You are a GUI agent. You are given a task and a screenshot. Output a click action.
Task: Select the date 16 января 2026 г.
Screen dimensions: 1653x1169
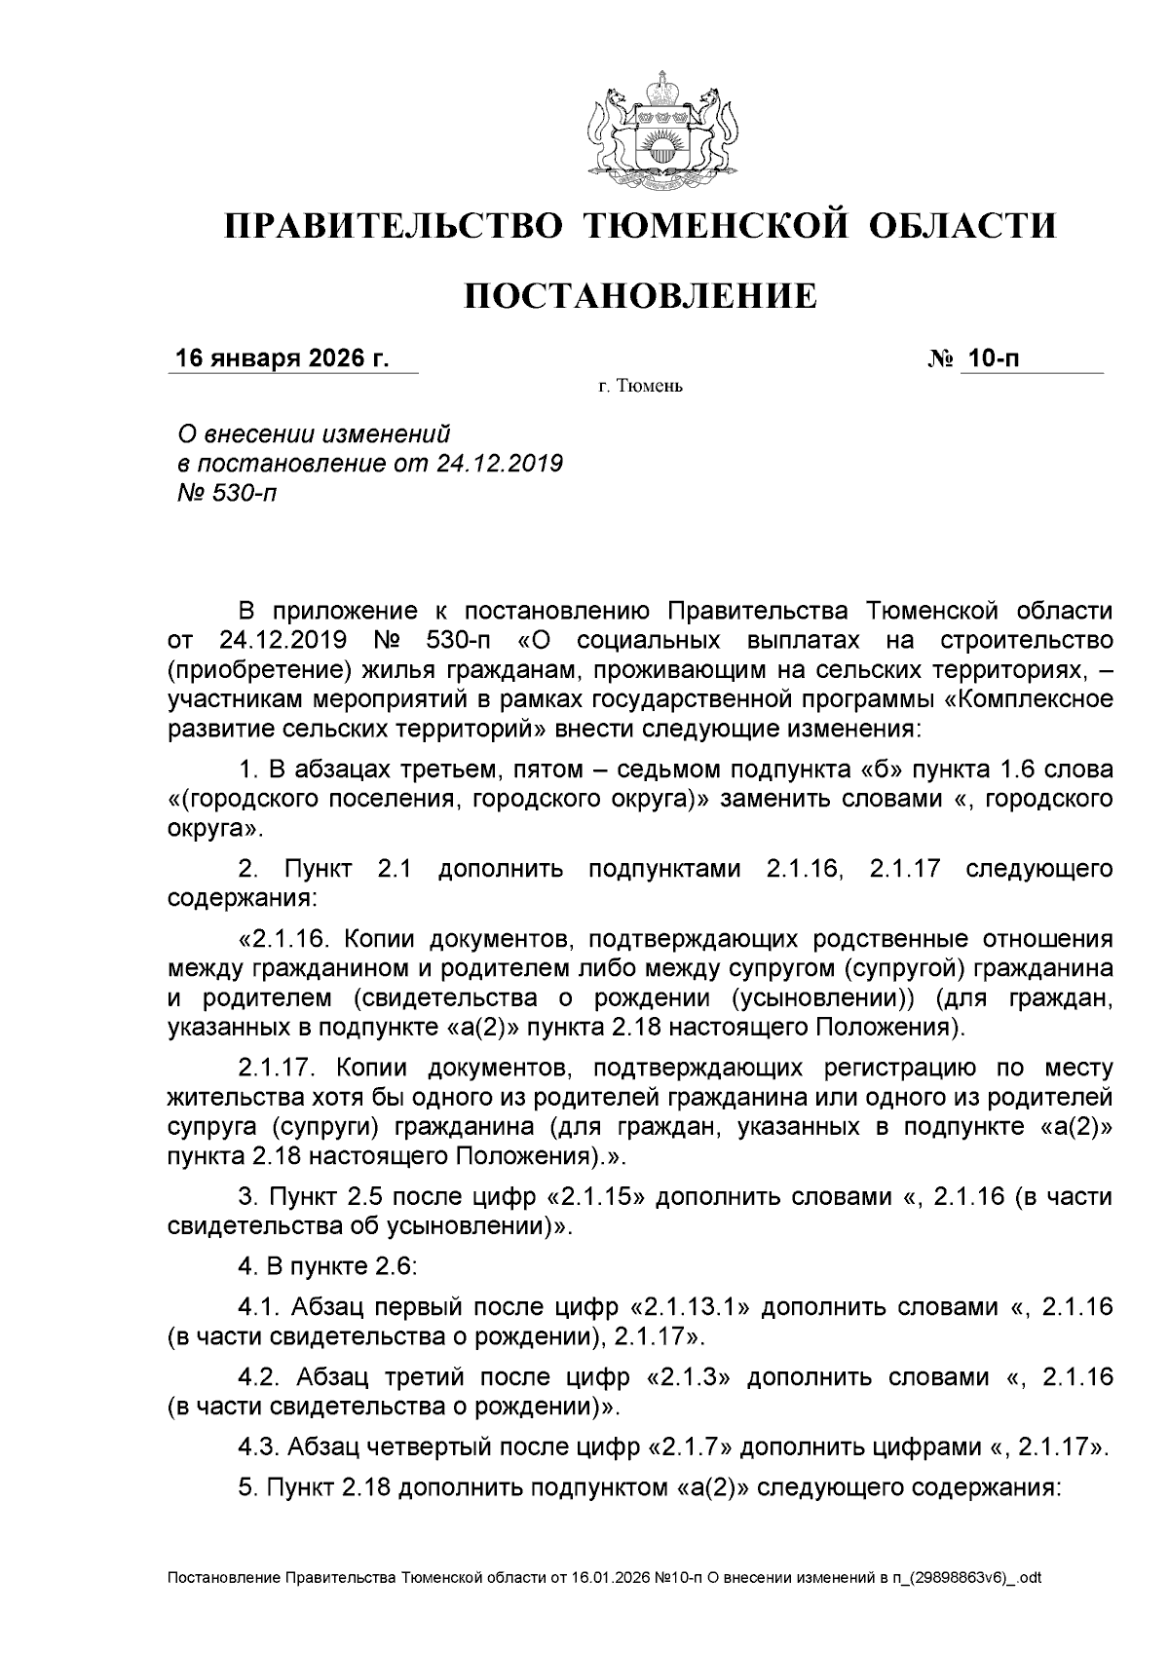tap(282, 359)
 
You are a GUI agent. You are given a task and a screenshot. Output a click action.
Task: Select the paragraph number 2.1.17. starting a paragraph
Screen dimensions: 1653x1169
tap(276, 1068)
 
